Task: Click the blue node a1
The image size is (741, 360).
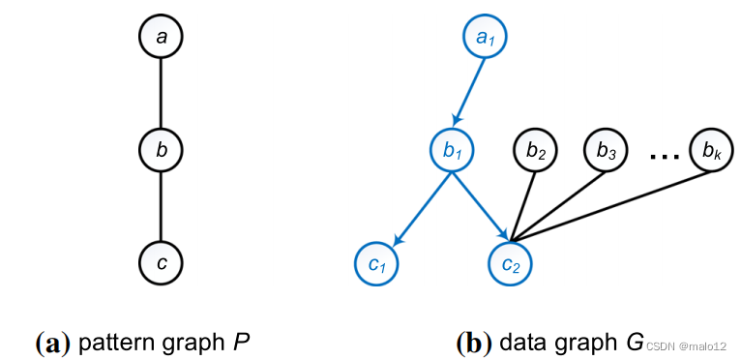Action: pos(484,39)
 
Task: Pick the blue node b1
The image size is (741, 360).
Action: pos(453,151)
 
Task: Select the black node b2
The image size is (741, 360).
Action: pos(536,151)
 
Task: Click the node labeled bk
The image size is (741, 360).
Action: pos(711,151)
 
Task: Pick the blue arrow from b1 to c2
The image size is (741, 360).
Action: pos(481,204)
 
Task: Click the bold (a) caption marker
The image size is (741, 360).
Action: pos(52,343)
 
